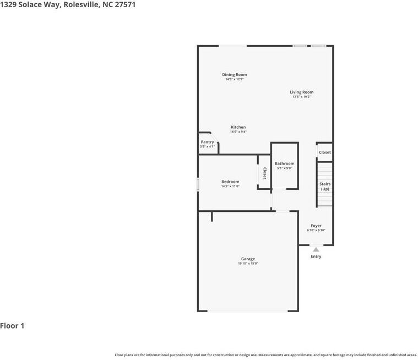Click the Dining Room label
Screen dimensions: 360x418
pos(234,75)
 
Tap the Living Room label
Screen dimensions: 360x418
pos(301,92)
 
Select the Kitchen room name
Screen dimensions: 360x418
pos(238,127)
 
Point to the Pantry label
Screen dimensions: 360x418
pos(207,142)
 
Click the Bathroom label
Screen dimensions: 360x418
pos(285,163)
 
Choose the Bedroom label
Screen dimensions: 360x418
pos(230,182)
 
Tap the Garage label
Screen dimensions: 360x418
pos(248,259)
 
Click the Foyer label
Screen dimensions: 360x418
pos(316,226)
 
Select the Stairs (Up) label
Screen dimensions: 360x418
pos(325,186)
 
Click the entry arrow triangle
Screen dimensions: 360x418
pos(316,249)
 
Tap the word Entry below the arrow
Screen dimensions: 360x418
pos(316,257)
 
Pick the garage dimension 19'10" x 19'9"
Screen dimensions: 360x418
pos(248,264)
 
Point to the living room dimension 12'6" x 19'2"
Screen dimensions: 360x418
pos(301,97)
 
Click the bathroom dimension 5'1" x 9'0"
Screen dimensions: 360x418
pos(285,168)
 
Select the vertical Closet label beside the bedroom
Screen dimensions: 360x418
pos(264,173)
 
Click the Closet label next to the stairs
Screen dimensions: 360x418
pos(325,152)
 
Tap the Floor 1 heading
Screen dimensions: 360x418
pos(12,326)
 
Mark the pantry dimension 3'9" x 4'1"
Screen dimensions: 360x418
pos(207,146)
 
